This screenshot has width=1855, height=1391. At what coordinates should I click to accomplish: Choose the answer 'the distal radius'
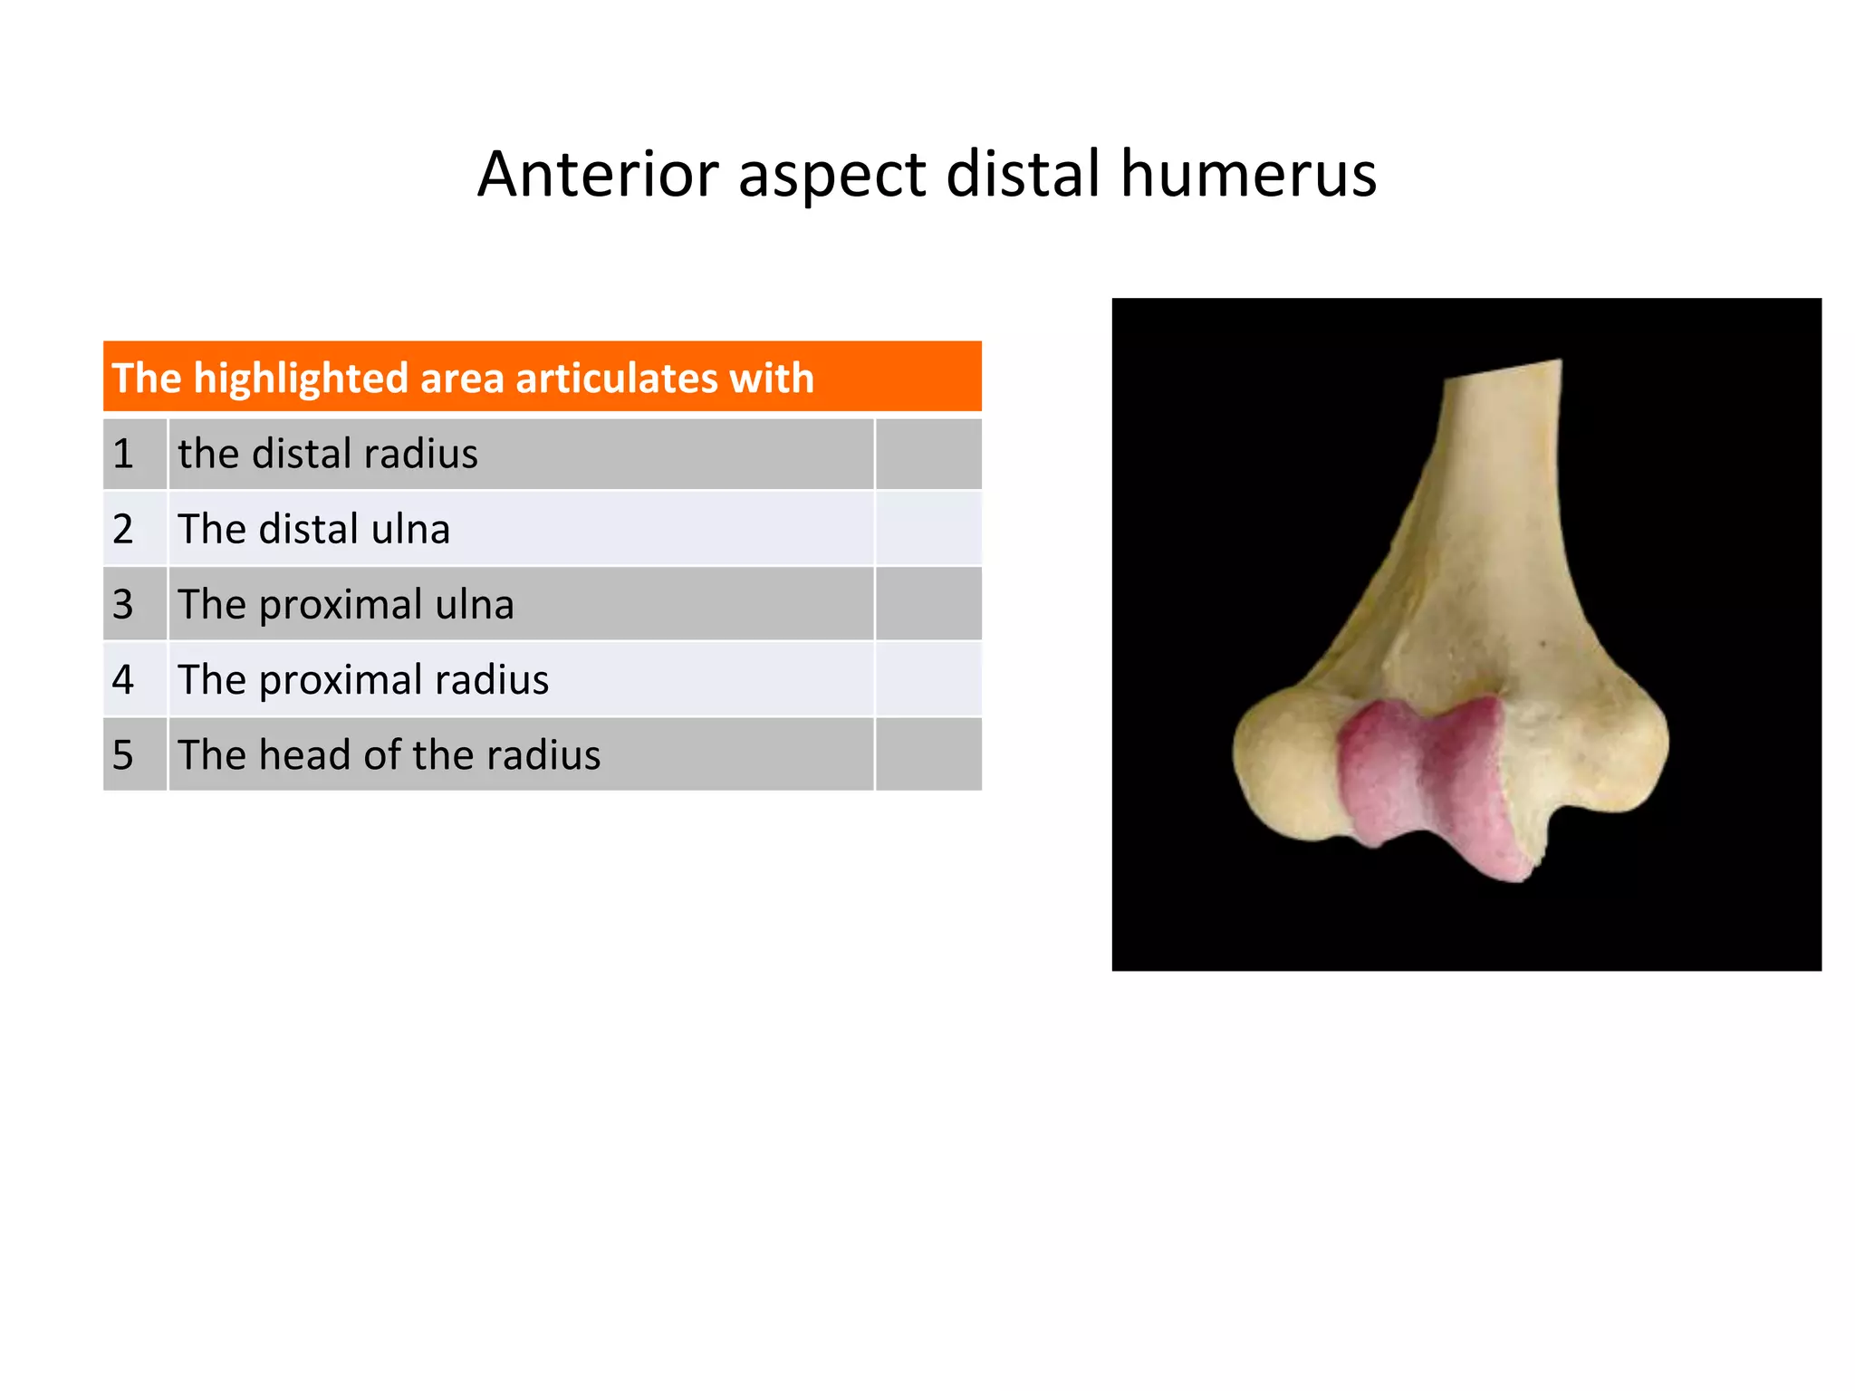coord(328,454)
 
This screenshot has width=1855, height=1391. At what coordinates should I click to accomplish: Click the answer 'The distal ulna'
coord(313,529)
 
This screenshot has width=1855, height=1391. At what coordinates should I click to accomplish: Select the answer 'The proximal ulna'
coord(346,604)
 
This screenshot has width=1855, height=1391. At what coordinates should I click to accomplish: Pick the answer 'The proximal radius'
coord(363,679)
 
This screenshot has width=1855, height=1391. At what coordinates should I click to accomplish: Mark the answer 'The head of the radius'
coord(389,754)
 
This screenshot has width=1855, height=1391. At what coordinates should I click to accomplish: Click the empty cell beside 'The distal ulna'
coord(928,529)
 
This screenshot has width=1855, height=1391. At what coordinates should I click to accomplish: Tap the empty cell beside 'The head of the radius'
coord(928,754)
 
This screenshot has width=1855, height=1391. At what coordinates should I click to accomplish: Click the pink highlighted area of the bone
coord(1422,779)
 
